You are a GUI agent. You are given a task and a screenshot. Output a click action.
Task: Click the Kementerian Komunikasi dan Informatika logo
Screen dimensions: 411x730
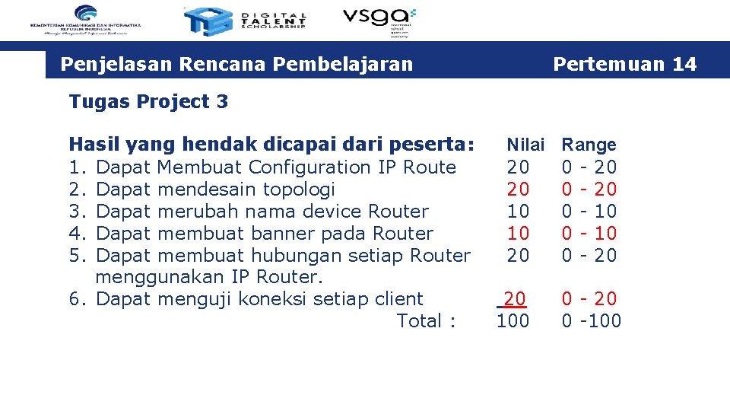coord(86,20)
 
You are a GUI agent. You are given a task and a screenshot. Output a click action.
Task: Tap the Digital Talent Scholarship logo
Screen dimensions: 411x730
coord(246,21)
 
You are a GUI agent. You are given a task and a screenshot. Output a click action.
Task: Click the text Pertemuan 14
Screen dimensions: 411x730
coord(624,64)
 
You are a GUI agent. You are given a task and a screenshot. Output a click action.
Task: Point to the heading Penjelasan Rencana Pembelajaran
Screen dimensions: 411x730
coord(236,64)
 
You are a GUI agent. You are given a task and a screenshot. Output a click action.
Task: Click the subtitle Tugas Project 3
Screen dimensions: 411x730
coord(148,101)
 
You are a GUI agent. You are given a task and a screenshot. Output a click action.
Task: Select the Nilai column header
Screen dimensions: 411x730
coord(525,145)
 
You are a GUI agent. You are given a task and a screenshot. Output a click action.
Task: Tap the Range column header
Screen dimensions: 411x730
coord(589,145)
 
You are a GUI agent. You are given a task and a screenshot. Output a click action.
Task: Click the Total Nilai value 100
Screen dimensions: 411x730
coord(513,320)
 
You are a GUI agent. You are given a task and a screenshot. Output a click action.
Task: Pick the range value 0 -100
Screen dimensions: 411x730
coord(591,320)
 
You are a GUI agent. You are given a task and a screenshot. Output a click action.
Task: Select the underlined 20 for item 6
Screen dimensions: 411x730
coord(515,298)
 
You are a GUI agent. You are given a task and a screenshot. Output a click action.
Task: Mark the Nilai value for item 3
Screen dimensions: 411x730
coord(518,211)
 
